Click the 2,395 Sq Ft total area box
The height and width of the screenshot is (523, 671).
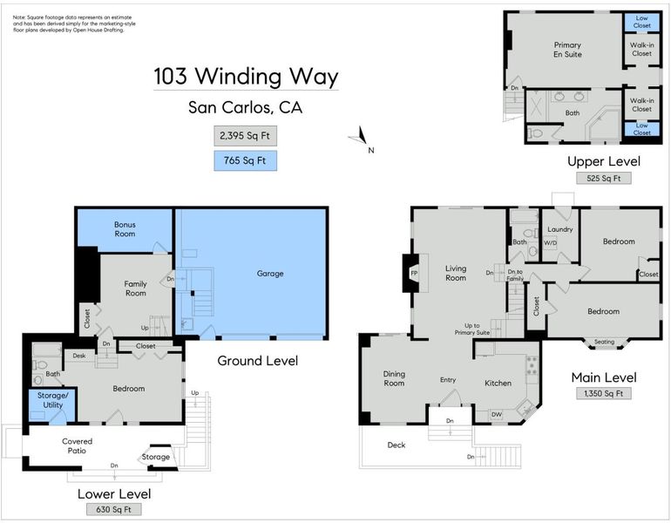coord(245,136)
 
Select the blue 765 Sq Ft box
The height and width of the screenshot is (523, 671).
coord(245,161)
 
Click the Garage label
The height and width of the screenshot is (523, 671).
coord(270,274)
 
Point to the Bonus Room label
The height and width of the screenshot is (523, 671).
coord(125,229)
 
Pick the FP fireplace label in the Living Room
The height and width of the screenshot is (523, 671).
coord(414,274)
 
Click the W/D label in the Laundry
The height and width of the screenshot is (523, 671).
coord(551,243)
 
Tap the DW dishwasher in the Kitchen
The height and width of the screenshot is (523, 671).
coord(497,414)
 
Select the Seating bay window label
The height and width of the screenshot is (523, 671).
coord(604,342)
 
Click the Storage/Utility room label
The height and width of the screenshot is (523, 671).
coord(52,400)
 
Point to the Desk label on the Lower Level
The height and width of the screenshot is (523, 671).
coord(79,356)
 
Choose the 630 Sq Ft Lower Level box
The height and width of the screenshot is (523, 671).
coord(114,509)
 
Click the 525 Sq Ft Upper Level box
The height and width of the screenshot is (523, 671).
coord(603,178)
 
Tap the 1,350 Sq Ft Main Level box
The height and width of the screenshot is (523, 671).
coord(603,393)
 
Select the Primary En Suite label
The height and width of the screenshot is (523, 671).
coord(567,50)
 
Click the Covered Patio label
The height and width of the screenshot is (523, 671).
coord(77,445)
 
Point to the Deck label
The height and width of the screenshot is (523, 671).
coord(396,445)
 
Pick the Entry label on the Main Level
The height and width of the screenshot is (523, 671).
coord(448,380)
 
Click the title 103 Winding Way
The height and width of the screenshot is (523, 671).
coord(246,77)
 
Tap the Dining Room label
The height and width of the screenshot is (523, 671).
coord(394,378)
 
